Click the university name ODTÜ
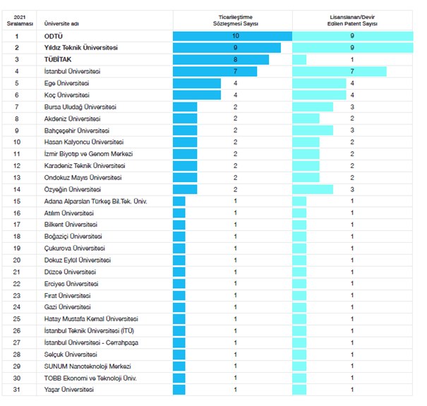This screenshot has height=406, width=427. [54, 36]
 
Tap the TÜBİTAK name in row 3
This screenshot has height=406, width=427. [59, 60]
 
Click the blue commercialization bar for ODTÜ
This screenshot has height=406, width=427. [232, 36]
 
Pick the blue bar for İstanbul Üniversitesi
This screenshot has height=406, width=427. [215, 71]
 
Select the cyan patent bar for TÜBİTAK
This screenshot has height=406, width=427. [299, 60]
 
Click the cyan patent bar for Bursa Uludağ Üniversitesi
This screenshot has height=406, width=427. [313, 107]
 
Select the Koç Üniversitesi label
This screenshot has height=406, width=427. [66, 95]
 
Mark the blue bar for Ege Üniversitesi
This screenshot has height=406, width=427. [200, 83]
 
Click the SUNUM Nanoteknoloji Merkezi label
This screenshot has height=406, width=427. [87, 366]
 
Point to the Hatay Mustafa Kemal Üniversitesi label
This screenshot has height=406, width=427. [90, 319]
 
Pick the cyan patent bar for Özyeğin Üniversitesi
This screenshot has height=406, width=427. [313, 189]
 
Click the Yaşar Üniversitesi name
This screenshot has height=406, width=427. [68, 390]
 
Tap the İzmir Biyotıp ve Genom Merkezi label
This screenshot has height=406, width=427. [88, 154]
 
